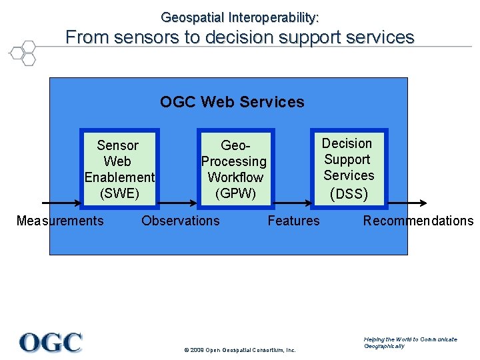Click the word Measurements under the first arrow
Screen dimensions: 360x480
pos(60,221)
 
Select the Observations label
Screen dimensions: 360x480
pos(180,221)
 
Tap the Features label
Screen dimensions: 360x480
pos(293,221)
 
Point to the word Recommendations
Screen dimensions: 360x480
pos(418,221)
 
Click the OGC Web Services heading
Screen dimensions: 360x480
pos(232,102)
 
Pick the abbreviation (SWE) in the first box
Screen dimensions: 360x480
pos(119,193)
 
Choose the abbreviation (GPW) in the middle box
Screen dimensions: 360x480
pos(235,193)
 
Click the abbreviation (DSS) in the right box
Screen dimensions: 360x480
pos(349,194)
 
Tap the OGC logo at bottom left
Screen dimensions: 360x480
pos(51,343)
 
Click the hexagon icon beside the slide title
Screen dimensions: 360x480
pos(22,52)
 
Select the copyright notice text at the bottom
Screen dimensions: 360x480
pos(238,350)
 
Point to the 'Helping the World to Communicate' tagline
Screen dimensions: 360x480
pos(411,339)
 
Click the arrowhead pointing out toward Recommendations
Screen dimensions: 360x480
pos(423,203)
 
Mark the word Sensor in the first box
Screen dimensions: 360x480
pos(118,145)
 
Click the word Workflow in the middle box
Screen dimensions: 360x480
pos(235,177)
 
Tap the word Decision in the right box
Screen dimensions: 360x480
pos(347,143)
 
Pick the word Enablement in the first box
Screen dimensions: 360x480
pos(119,177)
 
